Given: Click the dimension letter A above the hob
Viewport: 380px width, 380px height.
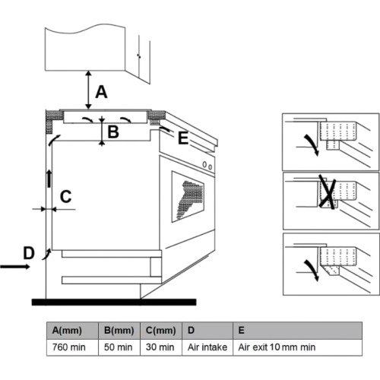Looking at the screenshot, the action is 101,92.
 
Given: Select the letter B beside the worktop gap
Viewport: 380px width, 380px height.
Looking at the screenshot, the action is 113,131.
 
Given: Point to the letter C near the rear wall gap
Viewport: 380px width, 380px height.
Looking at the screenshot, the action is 65,196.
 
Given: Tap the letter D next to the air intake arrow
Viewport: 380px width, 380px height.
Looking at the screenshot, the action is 29,253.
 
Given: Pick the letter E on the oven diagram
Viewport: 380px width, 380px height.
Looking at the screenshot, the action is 183,138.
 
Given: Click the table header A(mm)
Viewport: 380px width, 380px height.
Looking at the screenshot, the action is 67,331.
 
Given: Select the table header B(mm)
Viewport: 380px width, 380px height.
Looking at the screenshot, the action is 119,331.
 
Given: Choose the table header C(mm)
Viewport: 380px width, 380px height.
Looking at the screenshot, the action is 160,331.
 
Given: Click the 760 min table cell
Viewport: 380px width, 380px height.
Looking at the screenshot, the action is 68,347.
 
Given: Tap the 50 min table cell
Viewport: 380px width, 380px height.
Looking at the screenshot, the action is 118,347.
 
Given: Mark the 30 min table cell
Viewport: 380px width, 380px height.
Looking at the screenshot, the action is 160,347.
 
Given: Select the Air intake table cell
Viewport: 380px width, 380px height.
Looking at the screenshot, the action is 207,347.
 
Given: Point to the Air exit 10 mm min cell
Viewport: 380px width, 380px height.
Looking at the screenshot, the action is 277,347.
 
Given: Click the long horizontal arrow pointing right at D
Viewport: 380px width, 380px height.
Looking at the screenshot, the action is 15,267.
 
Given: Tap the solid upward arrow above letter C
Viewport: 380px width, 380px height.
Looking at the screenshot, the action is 49,179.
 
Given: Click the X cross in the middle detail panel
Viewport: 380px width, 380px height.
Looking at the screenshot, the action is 328,192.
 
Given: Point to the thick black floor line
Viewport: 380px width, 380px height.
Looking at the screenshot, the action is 114,302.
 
